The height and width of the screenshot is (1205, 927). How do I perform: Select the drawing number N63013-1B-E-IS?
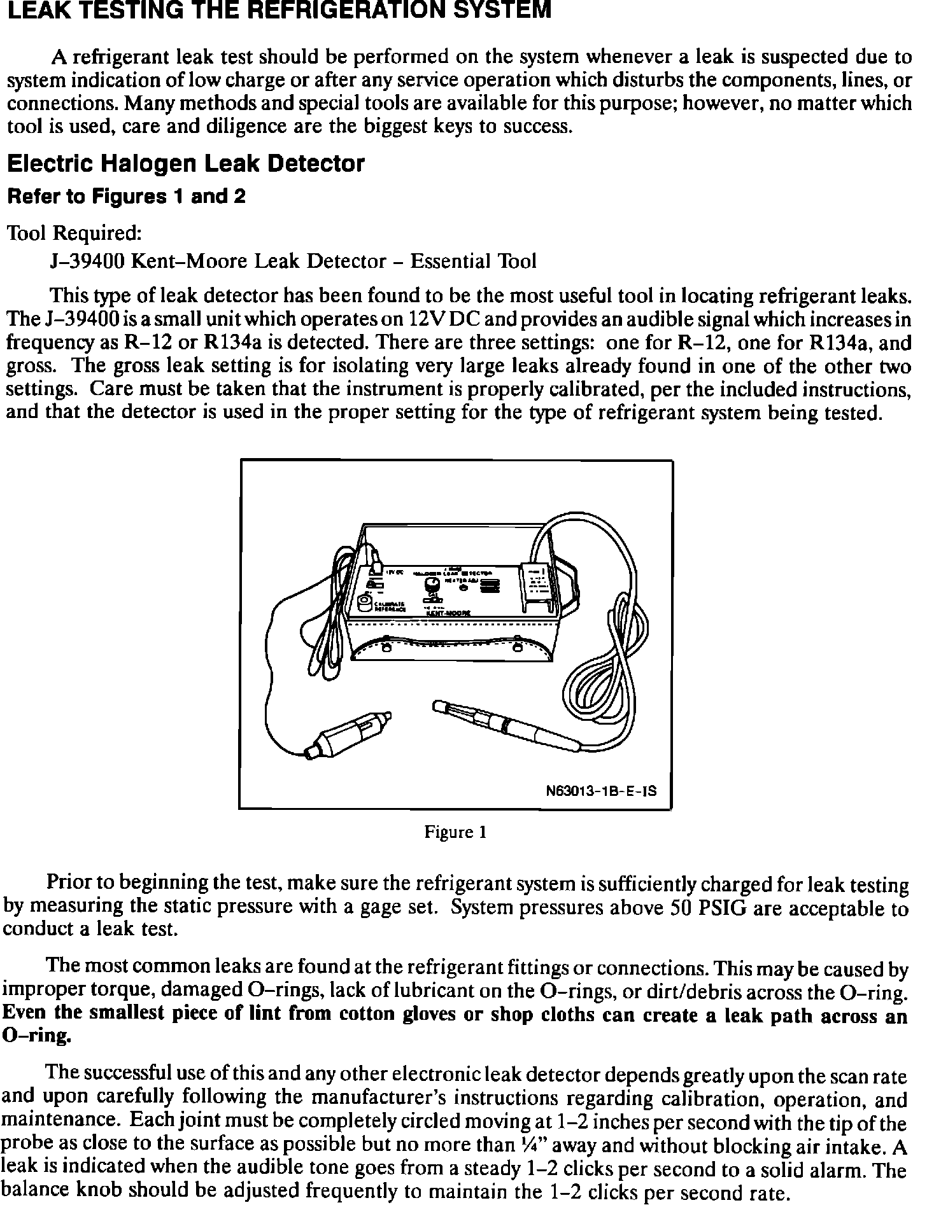click(x=601, y=792)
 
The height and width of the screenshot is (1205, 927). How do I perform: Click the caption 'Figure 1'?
click(x=456, y=832)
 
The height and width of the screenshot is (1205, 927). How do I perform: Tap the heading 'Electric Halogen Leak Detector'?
click(x=185, y=164)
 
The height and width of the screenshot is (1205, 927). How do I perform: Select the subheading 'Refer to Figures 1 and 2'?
click(x=125, y=197)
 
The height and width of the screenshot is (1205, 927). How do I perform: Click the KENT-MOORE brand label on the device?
click(x=447, y=613)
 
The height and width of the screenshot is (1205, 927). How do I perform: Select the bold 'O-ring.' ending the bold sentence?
click(x=35, y=1037)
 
